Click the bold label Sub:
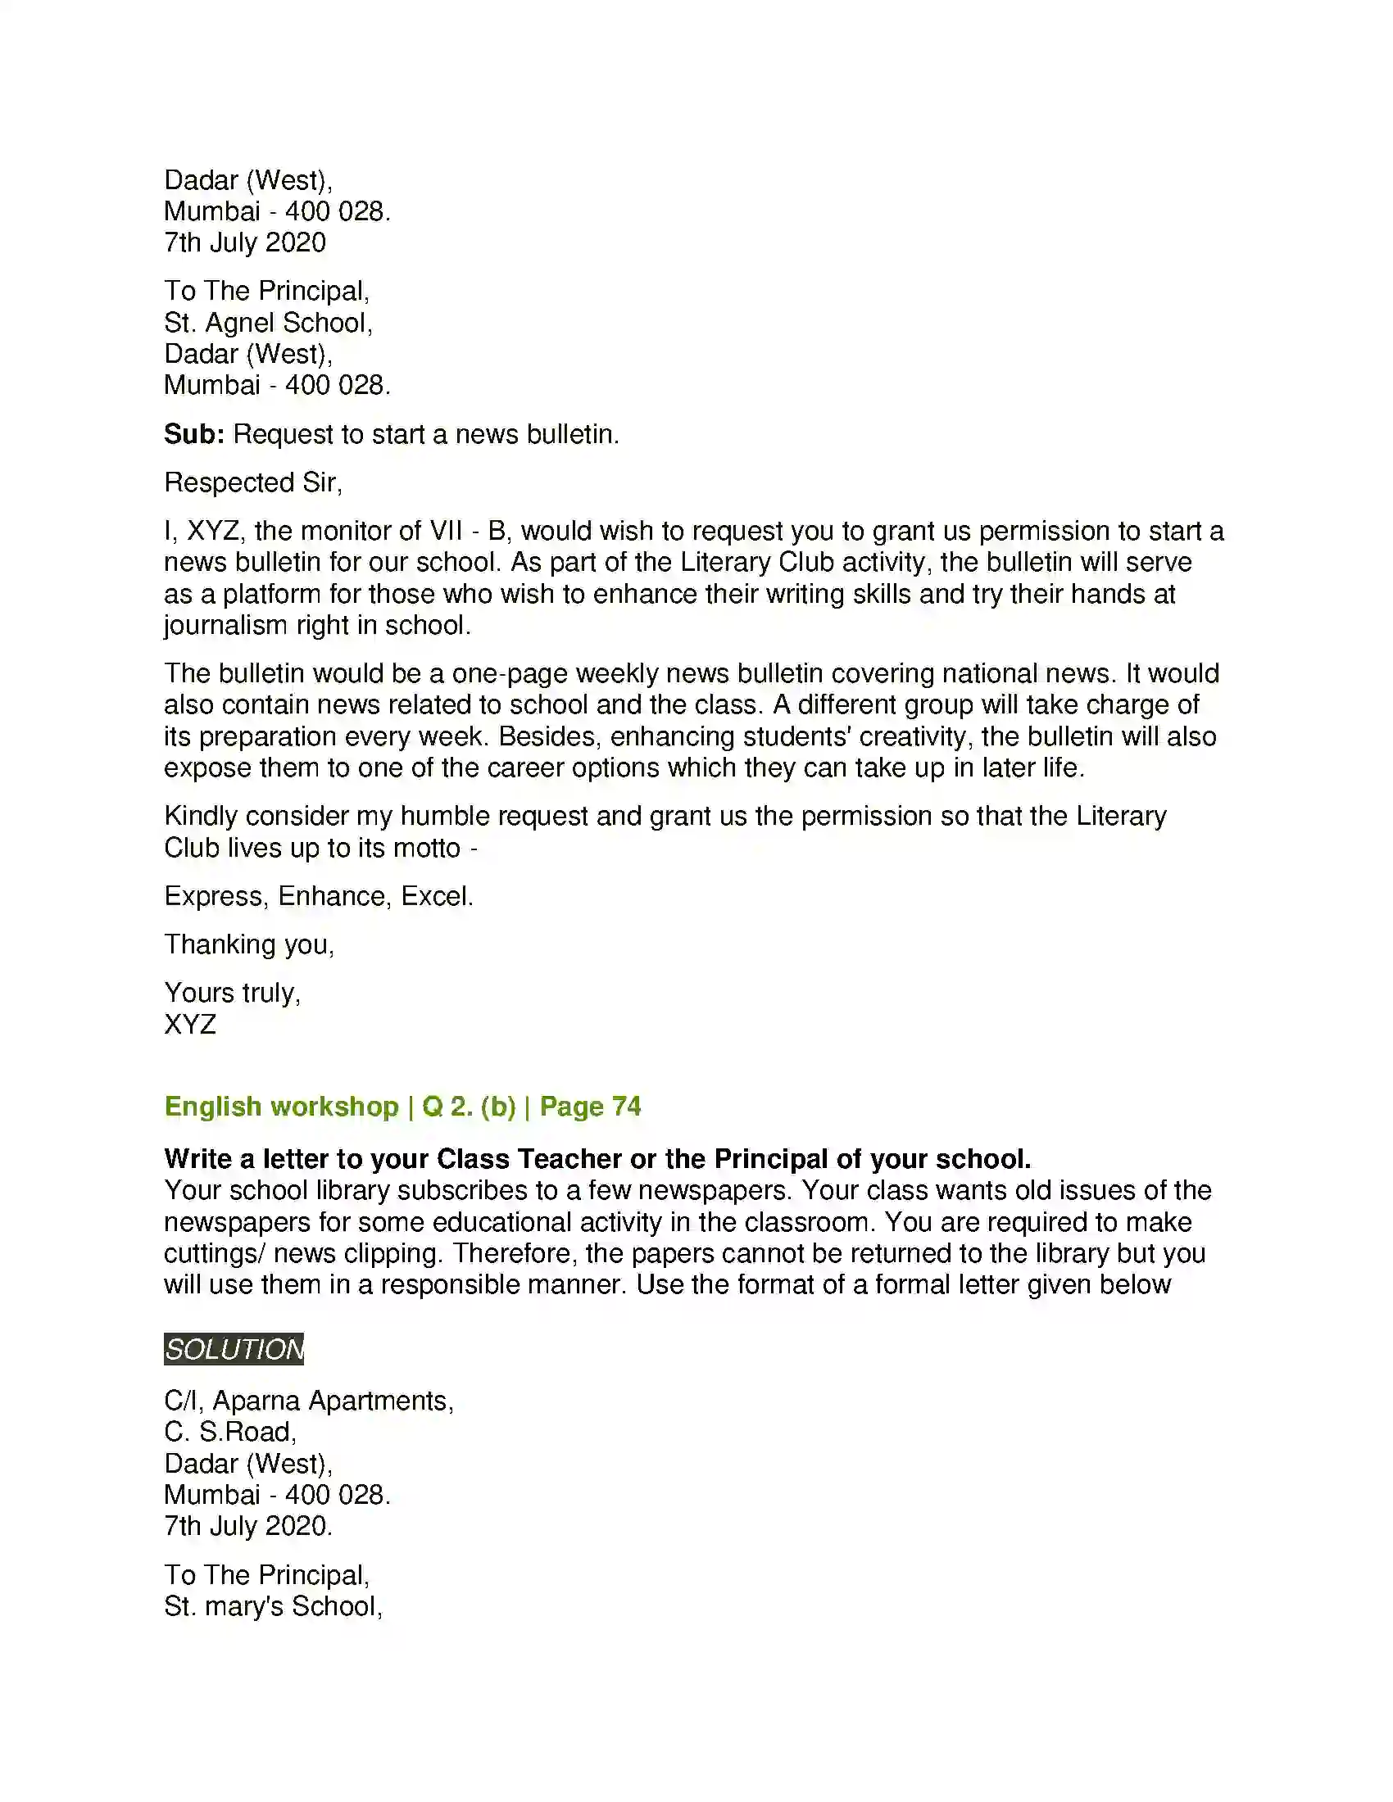point(194,434)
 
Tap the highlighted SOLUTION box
point(234,1349)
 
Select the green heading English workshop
point(281,1107)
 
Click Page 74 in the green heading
point(590,1107)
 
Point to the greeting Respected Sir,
point(252,482)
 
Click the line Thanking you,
point(249,944)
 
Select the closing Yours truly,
point(233,993)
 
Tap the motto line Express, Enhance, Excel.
point(319,896)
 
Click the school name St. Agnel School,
point(268,323)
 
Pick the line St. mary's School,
point(273,1606)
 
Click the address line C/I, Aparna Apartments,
point(309,1401)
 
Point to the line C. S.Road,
point(230,1433)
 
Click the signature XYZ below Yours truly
point(190,1025)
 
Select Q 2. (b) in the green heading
point(469,1107)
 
